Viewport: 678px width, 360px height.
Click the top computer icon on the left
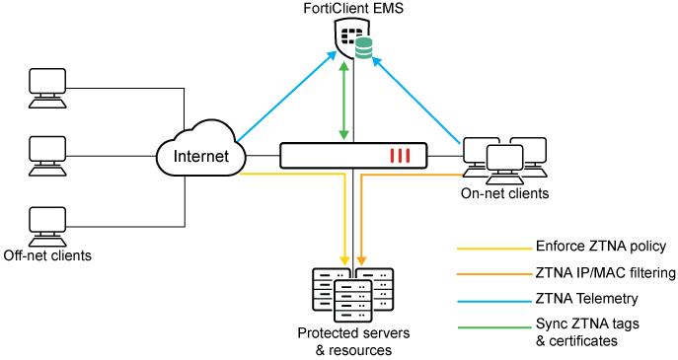[x=47, y=87]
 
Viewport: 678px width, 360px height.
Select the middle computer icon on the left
[x=47, y=155]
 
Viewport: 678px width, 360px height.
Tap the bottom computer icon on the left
[x=47, y=225]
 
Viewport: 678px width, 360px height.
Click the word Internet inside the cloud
[x=200, y=156]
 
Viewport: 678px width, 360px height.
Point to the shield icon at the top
[x=350, y=38]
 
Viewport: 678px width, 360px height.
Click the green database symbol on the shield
[x=364, y=48]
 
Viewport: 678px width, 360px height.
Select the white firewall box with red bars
[x=353, y=156]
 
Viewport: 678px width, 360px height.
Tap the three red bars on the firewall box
[x=400, y=156]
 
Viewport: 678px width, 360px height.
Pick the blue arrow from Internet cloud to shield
[x=286, y=97]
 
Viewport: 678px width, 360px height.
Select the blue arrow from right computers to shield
[x=416, y=102]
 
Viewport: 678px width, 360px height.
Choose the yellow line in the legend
[x=494, y=249]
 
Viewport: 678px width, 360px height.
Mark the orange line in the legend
[x=494, y=274]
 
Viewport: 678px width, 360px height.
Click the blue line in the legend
[x=494, y=301]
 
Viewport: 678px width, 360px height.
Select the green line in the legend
[x=494, y=327]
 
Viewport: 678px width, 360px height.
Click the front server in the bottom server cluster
[x=353, y=300]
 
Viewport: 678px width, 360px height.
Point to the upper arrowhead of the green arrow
[x=343, y=67]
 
